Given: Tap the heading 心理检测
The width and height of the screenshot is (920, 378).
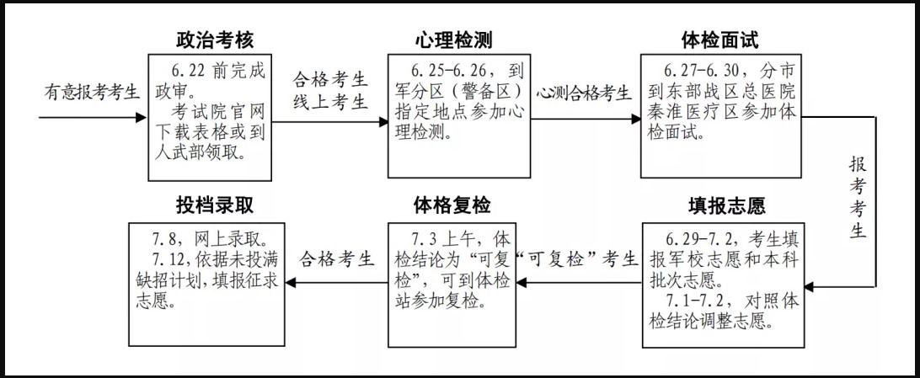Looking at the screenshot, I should point(453,40).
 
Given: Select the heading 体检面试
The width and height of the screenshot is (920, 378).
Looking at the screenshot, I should point(721,40).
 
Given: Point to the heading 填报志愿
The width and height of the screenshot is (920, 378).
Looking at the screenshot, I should point(725,205).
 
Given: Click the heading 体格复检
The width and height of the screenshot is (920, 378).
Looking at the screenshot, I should point(452,205).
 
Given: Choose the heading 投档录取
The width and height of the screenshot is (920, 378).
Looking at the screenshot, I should point(215,205).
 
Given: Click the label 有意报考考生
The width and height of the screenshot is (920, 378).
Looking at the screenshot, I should point(92,92).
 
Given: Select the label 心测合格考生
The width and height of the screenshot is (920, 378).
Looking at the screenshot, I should point(583,93).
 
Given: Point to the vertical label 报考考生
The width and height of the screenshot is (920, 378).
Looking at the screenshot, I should point(858,197).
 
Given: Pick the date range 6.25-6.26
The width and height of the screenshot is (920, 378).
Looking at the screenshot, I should point(449,71).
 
